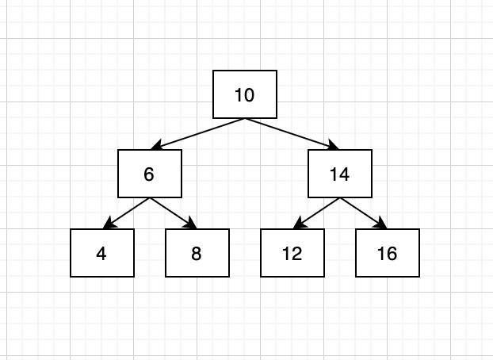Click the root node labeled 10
(245, 94)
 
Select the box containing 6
(150, 174)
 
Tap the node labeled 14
(340, 174)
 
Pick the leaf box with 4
(102, 253)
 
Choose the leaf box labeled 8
(197, 253)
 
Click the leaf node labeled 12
(292, 253)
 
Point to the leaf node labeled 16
(388, 253)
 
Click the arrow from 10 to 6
(198, 134)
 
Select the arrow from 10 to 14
(292, 134)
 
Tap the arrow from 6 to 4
(126, 213)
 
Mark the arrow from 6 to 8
(174, 213)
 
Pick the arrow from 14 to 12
(316, 213)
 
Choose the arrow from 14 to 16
(364, 213)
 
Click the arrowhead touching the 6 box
(157, 145)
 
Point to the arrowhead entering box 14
(333, 145)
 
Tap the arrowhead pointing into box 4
(109, 223)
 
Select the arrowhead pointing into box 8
(192, 223)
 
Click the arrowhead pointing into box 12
(298, 223)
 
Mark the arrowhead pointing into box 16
(382, 223)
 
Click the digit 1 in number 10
(239, 95)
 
